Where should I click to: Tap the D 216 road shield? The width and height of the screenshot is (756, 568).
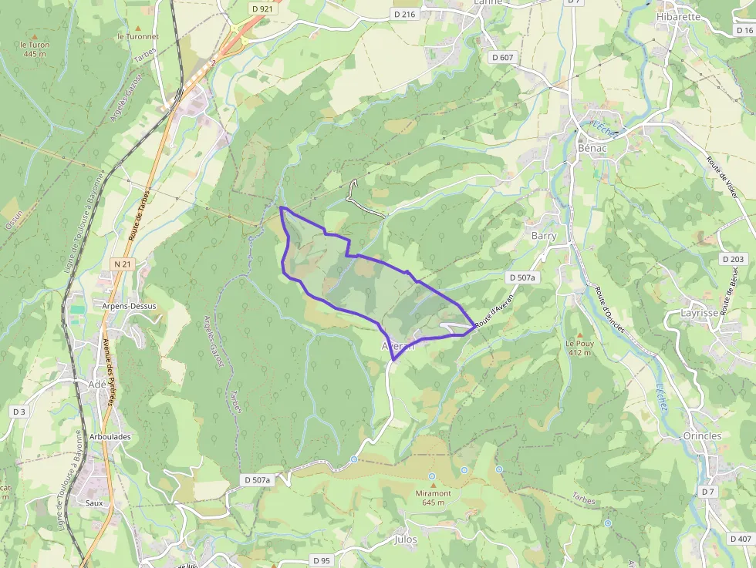point(404,14)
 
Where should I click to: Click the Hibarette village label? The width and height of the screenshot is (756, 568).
point(678,16)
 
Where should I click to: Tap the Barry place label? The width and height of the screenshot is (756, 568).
point(544,235)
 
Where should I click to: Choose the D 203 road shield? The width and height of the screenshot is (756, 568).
point(734,259)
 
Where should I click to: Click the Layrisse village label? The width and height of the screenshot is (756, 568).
point(700,313)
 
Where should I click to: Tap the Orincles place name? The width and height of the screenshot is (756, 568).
point(702,435)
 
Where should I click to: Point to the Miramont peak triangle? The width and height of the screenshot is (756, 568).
point(433,484)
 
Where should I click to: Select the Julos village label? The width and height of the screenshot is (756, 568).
point(405,539)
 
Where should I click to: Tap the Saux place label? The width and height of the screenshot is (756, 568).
point(94,502)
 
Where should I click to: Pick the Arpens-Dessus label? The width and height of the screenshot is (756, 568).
point(129,306)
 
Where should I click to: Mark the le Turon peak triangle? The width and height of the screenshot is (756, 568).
point(35,35)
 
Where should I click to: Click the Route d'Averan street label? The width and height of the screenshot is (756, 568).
point(494,314)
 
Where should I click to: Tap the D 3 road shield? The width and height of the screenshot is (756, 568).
point(19,412)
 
